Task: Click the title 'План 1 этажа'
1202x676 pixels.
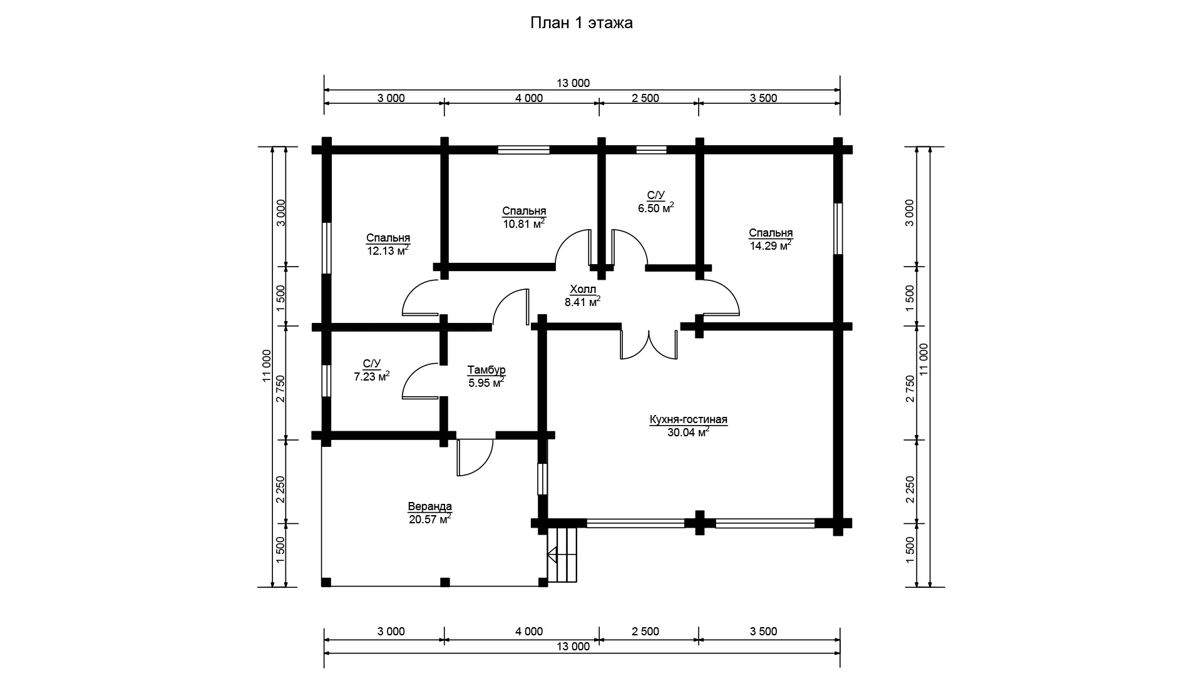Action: click(582, 23)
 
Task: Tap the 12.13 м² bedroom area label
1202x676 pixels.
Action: click(388, 250)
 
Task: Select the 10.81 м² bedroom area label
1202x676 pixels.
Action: click(524, 223)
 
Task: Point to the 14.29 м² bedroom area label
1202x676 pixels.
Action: click(771, 245)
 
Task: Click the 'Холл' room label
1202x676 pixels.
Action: click(582, 289)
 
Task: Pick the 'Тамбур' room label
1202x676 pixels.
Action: click(486, 370)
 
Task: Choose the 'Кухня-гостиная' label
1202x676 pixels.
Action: click(688, 419)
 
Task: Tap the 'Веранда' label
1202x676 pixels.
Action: click(429, 506)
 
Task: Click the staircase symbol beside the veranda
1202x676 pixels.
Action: click(562, 555)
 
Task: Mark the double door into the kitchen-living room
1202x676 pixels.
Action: click(649, 344)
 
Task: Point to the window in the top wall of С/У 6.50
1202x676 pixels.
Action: click(651, 150)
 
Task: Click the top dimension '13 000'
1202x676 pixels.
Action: click(572, 83)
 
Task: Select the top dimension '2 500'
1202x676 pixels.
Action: click(645, 98)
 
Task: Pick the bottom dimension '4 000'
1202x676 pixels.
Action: click(529, 632)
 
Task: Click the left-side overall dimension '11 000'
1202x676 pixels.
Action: click(266, 366)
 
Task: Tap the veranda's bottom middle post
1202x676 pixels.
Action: click(444, 582)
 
